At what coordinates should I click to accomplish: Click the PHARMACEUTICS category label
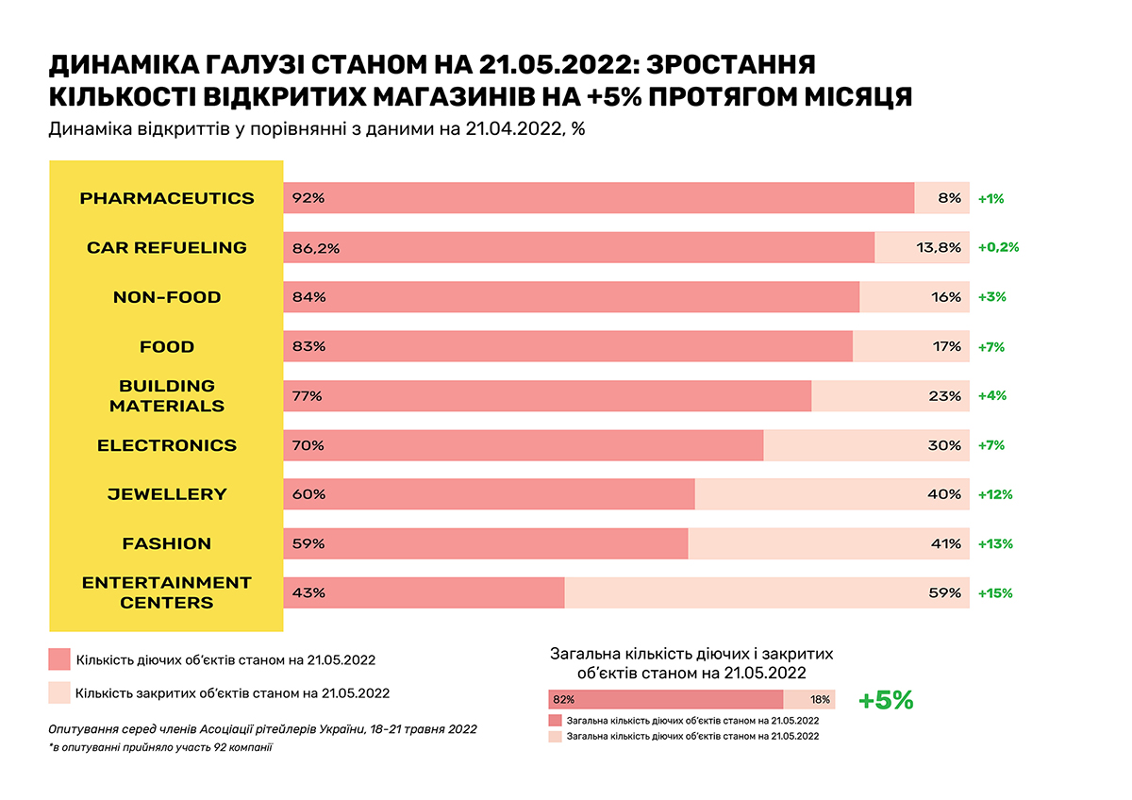coord(167,198)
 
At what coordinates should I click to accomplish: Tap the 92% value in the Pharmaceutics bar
coord(308,198)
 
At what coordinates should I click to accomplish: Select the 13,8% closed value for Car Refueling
coord(939,247)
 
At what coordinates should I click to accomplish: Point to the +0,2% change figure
coord(999,247)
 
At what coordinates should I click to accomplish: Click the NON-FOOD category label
coord(167,297)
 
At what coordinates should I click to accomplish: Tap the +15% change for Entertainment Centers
coord(995,593)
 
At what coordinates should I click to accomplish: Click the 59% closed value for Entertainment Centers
coord(944,593)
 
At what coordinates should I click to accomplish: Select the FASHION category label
coord(167,543)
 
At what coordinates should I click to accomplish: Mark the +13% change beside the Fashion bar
coord(995,543)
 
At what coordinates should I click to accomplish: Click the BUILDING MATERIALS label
coord(167,396)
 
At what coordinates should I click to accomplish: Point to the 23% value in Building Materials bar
coord(944,396)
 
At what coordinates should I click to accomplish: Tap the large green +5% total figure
coord(886,700)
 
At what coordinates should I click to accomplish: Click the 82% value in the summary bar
coord(564,700)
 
